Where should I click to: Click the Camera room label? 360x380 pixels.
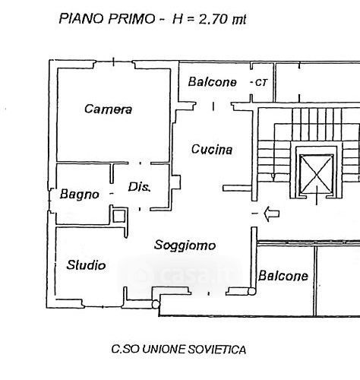(108, 109)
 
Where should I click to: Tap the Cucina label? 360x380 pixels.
(212, 149)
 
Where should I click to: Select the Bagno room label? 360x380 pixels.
(79, 195)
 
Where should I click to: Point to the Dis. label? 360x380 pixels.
(139, 187)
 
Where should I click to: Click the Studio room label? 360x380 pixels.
(86, 265)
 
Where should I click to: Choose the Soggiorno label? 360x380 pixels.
(185, 245)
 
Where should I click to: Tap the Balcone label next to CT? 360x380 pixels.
(212, 82)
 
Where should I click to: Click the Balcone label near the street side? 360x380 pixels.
(283, 276)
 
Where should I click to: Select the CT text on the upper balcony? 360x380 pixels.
(261, 83)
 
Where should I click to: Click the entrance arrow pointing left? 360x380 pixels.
(272, 214)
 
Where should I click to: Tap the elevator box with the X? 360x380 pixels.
(316, 173)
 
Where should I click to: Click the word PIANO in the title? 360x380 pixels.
(81, 18)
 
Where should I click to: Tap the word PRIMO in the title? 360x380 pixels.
(131, 19)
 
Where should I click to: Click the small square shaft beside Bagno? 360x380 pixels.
(118, 216)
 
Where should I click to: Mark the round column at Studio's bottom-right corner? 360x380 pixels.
(156, 304)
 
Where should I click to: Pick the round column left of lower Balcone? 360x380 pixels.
(251, 291)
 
